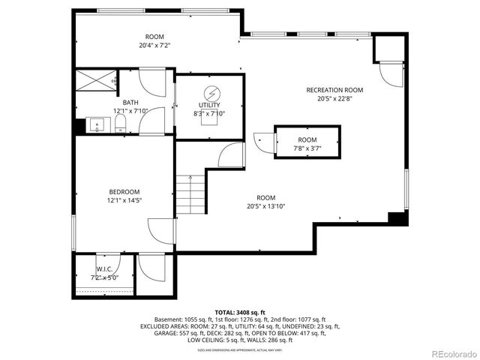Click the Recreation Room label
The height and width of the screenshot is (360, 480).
pos(334,90)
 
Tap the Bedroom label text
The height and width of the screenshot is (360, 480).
pos(124,192)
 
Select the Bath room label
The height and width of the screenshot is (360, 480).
pos(131,103)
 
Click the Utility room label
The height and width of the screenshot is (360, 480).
pos(209,105)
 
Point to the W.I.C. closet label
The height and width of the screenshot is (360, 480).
pos(104,269)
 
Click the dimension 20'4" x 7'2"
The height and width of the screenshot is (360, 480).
pos(154,45)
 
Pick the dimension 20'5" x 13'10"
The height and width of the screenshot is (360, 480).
pos(266,206)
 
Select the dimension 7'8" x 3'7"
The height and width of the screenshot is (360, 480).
pos(307,148)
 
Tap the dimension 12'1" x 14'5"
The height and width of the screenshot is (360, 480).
pos(124,200)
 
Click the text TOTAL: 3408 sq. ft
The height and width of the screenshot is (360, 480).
pos(240,311)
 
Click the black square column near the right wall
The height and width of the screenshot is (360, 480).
pos(396,218)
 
